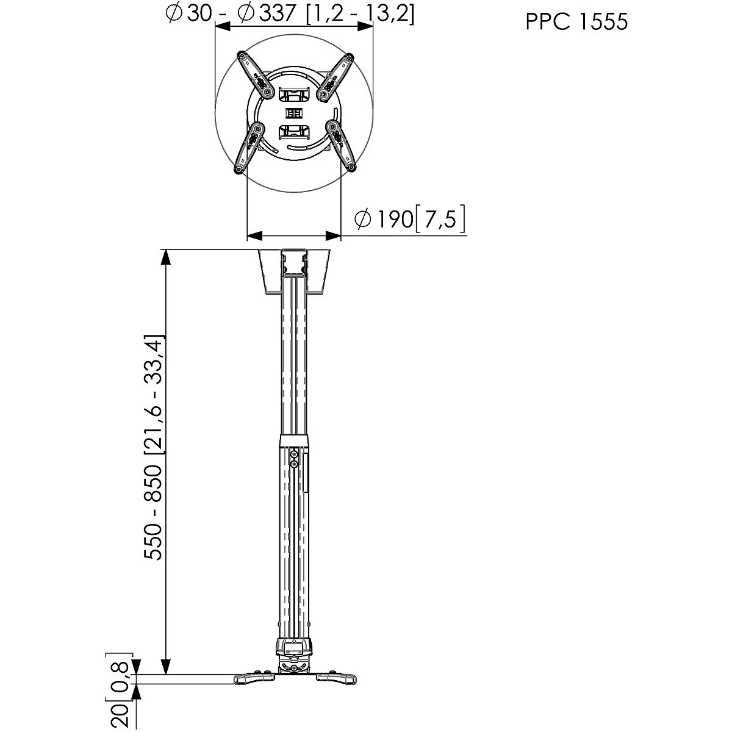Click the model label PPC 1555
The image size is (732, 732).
(x=576, y=21)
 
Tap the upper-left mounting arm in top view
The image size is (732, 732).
(x=255, y=75)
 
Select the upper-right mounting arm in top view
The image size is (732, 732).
(x=335, y=77)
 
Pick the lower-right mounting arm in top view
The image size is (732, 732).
(x=341, y=146)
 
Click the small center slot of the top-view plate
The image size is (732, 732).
(x=294, y=113)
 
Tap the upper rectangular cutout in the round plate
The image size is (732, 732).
(x=295, y=94)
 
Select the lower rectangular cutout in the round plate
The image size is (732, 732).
(x=295, y=132)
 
